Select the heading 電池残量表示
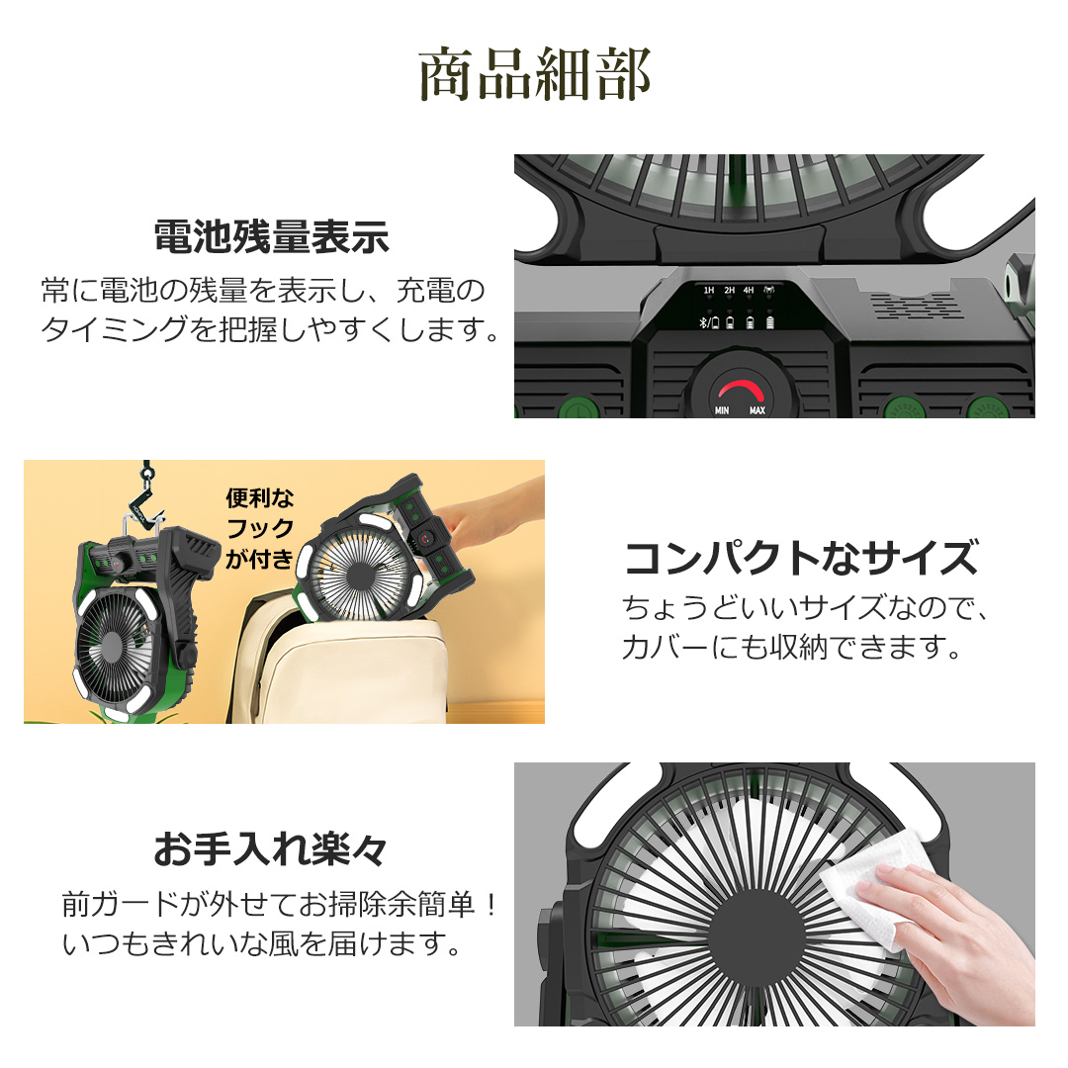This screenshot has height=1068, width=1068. coord(272,237)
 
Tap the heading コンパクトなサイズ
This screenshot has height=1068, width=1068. coord(802,558)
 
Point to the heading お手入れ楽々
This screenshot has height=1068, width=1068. coord(270,849)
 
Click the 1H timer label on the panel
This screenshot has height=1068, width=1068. coord(709,290)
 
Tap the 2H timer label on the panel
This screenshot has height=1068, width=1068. coord(730,290)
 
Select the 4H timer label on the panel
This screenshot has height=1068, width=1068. coord(749,290)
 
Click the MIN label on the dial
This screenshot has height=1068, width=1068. coord(722,410)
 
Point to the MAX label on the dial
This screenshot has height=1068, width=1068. coord(757,410)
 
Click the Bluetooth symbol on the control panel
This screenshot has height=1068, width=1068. coord(704,322)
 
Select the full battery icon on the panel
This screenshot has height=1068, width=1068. coord(770,322)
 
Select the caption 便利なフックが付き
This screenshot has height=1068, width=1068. coord(259,528)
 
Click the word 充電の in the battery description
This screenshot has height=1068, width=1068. coord(441,291)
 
